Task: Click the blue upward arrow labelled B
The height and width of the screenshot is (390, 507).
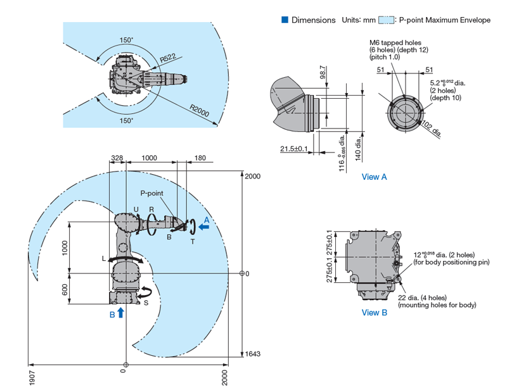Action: click(x=120, y=312)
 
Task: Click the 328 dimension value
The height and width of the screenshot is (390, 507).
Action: click(x=117, y=158)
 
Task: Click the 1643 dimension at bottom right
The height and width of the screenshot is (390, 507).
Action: click(x=252, y=354)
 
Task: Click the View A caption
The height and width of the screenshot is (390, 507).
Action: click(x=374, y=177)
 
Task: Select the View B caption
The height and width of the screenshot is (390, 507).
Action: click(x=374, y=312)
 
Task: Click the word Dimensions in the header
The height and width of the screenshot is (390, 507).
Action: click(x=313, y=20)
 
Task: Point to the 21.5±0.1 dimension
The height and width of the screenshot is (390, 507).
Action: click(x=293, y=149)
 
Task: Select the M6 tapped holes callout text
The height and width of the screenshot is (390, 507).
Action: click(x=395, y=44)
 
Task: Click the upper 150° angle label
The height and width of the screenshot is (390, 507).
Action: click(x=127, y=40)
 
